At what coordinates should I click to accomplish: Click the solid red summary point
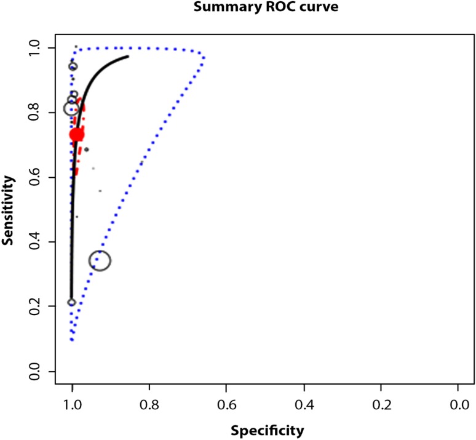point(77,135)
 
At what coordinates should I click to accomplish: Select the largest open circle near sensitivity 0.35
point(100,261)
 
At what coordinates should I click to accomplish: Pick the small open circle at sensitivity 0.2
point(71,302)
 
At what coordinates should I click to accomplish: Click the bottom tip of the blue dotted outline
point(72,340)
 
